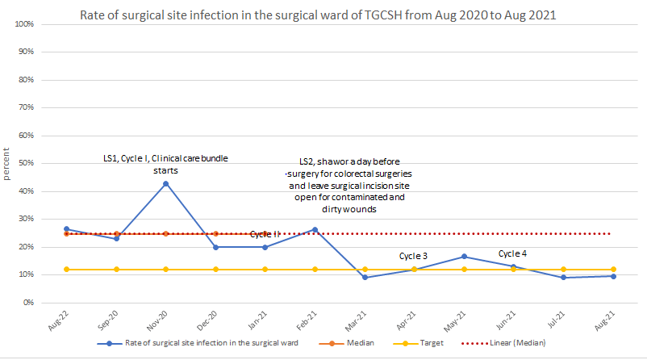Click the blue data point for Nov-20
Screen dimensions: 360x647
coord(166,183)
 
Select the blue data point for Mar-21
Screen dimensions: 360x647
coord(365,277)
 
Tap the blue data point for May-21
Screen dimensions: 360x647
coord(465,257)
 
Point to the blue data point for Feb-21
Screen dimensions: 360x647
coord(315,229)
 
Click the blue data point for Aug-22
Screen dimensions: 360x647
coord(67,229)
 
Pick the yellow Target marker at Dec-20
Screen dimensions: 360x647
coord(215,269)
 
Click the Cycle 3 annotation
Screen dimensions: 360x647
coord(413,257)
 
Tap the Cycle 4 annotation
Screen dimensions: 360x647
coord(512,253)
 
